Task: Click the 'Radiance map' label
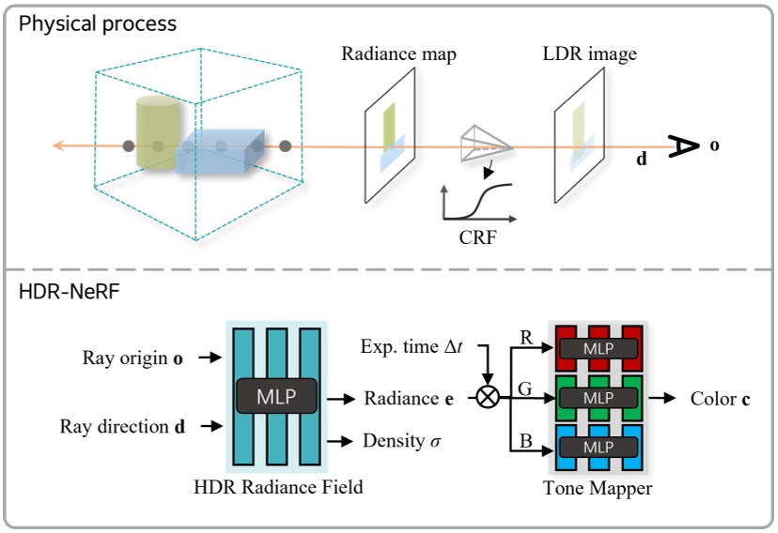(x=398, y=54)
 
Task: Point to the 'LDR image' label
(x=589, y=54)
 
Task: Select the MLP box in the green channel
(x=598, y=399)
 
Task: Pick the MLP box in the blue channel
(x=598, y=448)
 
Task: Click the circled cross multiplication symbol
(x=489, y=397)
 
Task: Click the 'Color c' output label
(x=720, y=399)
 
